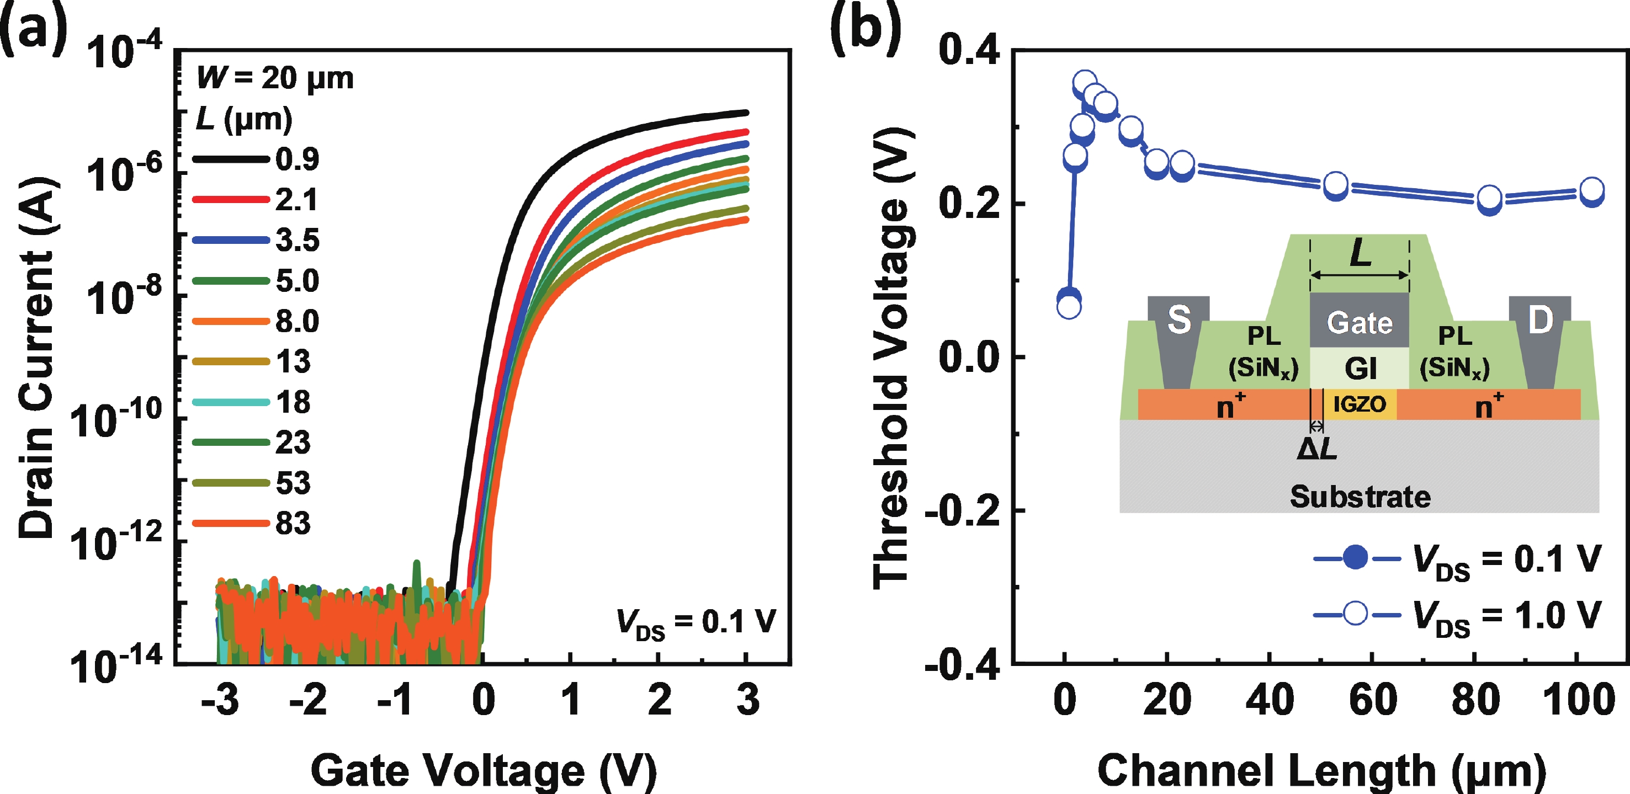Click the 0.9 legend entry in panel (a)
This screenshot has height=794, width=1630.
coord(256,159)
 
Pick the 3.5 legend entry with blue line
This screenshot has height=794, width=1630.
coord(256,241)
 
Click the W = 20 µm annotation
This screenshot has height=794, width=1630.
coord(275,78)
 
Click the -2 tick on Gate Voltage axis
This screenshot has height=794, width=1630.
coord(307,700)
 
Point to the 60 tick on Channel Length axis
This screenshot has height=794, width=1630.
coord(1372,700)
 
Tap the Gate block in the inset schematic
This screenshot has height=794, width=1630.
coord(1359,322)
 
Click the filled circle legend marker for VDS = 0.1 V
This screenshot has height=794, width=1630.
coord(1355,558)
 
